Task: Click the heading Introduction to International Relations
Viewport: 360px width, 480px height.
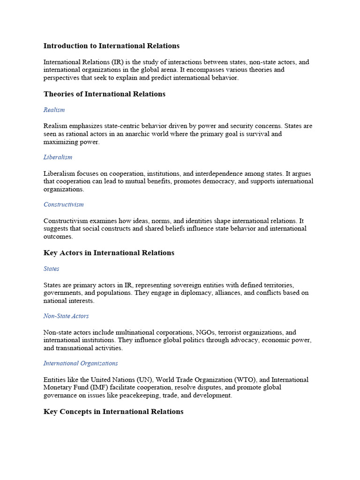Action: coord(111,46)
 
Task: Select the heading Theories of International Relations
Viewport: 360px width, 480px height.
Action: coord(104,94)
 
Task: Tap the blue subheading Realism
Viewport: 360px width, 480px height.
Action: coord(54,110)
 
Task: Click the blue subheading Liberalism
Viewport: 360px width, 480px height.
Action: coord(58,157)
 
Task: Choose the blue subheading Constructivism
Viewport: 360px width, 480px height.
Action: coord(63,204)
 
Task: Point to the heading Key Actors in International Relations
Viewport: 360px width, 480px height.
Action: coord(109,253)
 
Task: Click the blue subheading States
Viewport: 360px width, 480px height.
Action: coord(51,269)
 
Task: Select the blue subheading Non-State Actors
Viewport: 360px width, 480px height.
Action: coord(66,316)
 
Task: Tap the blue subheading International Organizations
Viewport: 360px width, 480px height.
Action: coord(81,363)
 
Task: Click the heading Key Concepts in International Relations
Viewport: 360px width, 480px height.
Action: coord(113,412)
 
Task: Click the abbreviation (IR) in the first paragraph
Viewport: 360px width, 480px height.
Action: coord(119,62)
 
